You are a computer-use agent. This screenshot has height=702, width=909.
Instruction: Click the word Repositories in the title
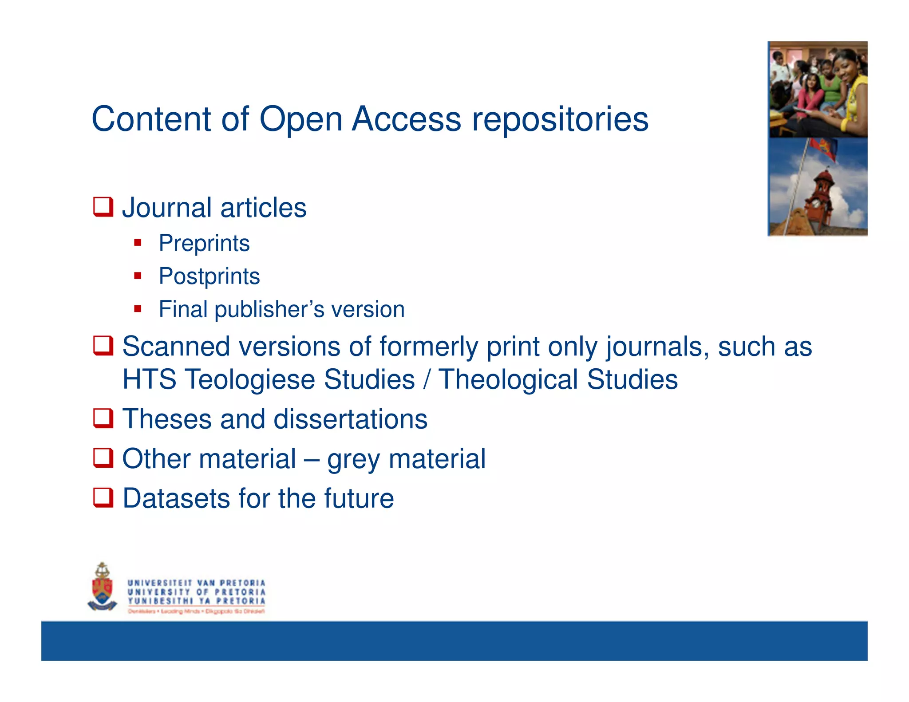click(560, 120)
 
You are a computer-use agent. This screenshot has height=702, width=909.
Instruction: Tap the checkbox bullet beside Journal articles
click(103, 207)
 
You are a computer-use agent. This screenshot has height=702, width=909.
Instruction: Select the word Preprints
click(204, 243)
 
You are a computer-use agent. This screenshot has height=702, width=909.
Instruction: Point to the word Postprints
click(209, 276)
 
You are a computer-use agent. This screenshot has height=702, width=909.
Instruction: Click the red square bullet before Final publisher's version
click(138, 309)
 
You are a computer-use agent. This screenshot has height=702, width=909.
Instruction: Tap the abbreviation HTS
click(149, 379)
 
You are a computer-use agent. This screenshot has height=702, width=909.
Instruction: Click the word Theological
click(508, 379)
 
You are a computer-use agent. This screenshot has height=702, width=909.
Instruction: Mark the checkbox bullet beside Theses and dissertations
click(103, 418)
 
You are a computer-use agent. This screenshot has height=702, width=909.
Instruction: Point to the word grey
click(353, 459)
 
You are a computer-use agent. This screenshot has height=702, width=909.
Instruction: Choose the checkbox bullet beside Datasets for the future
click(103, 497)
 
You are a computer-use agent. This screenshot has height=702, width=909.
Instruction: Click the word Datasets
click(176, 498)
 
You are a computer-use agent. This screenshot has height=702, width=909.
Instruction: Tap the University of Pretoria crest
click(103, 587)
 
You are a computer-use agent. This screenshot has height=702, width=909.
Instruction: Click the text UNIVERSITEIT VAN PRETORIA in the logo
click(196, 583)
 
